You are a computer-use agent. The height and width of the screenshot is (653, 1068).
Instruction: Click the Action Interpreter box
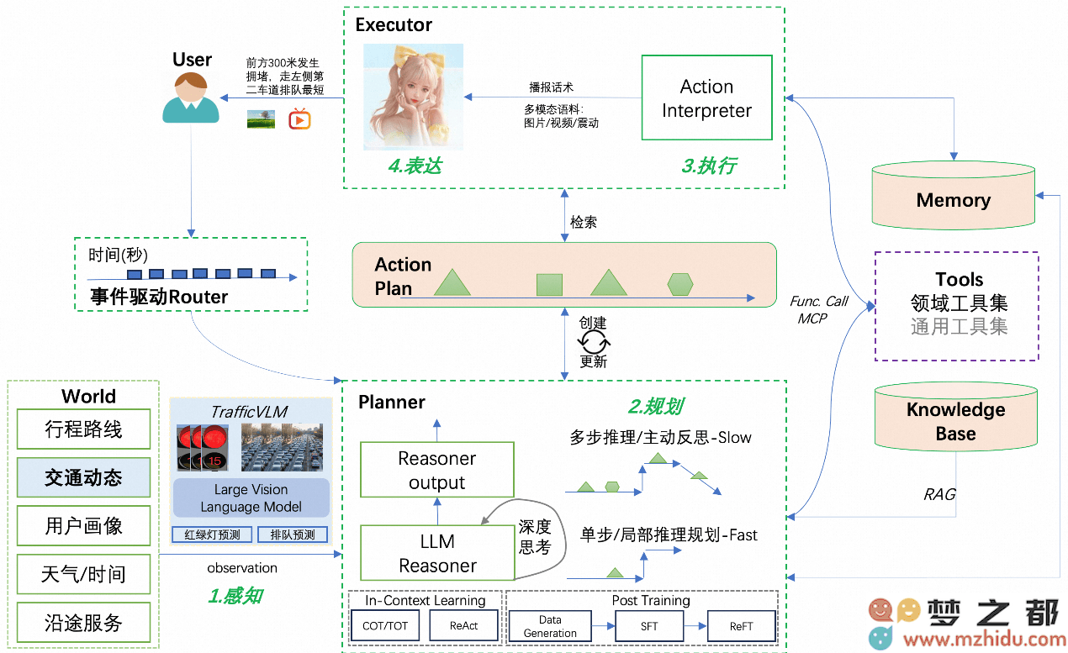tap(706, 97)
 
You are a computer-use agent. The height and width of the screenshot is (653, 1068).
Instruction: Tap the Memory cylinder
tap(953, 196)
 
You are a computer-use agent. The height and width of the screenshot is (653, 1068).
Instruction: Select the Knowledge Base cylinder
tap(956, 417)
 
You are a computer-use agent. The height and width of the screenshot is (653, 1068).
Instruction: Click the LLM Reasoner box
tap(437, 553)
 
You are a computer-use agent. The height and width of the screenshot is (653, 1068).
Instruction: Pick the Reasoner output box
tap(436, 470)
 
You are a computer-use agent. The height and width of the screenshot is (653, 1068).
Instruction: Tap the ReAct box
tap(463, 625)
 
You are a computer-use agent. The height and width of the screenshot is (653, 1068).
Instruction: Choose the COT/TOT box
tap(385, 625)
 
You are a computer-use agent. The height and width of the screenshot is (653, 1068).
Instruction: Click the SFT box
tap(649, 626)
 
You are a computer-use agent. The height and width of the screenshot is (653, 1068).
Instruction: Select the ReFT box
tap(741, 626)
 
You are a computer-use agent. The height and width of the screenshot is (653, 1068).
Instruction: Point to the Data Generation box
tap(550, 626)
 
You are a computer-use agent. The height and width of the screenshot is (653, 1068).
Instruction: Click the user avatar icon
tap(191, 97)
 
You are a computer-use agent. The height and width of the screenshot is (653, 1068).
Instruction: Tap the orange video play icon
tap(299, 119)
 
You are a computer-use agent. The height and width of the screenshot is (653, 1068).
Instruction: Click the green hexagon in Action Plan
tap(679, 284)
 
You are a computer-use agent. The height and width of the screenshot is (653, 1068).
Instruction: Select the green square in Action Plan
tap(549, 285)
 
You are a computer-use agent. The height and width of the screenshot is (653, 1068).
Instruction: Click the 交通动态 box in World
tap(83, 477)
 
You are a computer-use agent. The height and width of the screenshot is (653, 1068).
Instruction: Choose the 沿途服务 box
tap(83, 622)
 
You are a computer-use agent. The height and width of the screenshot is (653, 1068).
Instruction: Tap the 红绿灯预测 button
tap(212, 535)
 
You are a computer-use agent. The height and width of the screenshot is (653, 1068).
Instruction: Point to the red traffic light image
tap(202, 448)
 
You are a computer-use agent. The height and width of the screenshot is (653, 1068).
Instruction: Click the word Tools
tap(959, 279)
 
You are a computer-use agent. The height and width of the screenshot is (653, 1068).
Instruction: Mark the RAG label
tap(939, 494)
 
